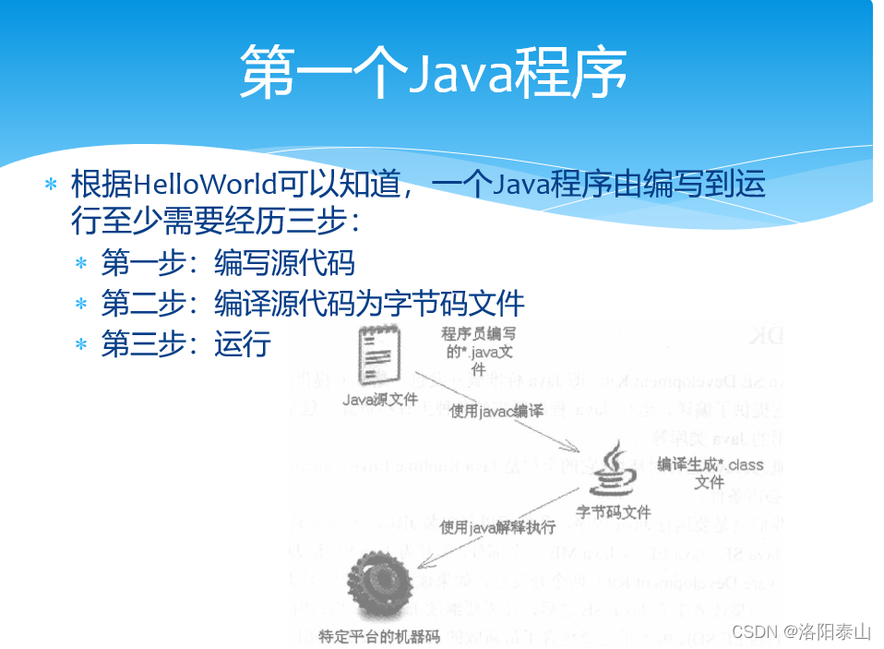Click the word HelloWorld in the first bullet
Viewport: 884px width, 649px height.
tap(205, 184)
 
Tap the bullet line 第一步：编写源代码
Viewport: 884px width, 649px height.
tap(228, 263)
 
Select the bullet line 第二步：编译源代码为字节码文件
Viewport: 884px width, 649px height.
tap(313, 304)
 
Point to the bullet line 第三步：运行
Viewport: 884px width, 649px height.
tap(185, 344)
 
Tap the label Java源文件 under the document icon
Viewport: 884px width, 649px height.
tap(380, 400)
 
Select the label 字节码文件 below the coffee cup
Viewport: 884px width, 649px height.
tap(614, 511)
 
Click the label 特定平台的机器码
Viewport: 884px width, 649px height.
tap(380, 637)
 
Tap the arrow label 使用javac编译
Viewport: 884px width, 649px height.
tap(496, 412)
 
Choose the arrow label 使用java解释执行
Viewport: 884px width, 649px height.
tap(497, 527)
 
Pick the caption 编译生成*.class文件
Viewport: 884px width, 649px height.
tap(710, 473)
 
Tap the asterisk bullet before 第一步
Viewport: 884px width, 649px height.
tap(81, 264)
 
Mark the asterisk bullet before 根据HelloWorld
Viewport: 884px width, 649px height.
tap(52, 185)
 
